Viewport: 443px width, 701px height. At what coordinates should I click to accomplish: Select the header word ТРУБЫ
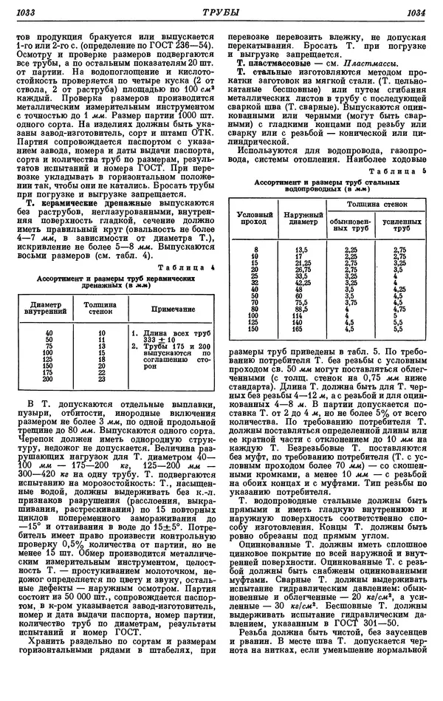point(221,12)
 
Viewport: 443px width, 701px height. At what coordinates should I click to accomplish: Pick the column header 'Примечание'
point(172,307)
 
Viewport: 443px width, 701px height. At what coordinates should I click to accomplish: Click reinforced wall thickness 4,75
point(399,310)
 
